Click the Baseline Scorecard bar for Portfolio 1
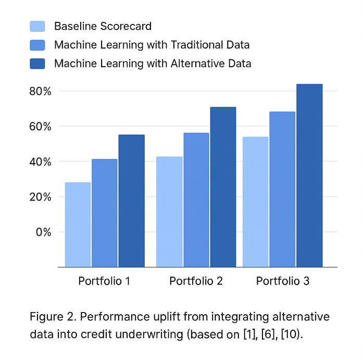click(x=78, y=225)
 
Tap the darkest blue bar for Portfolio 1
click(x=131, y=201)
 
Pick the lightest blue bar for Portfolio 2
click(x=169, y=212)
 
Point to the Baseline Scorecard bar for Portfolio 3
click(x=256, y=202)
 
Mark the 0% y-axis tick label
click(x=43, y=232)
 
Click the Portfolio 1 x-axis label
click(x=104, y=281)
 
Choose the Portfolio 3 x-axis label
click(x=283, y=281)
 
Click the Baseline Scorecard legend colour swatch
click(x=38, y=26)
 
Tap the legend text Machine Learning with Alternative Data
click(x=153, y=64)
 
